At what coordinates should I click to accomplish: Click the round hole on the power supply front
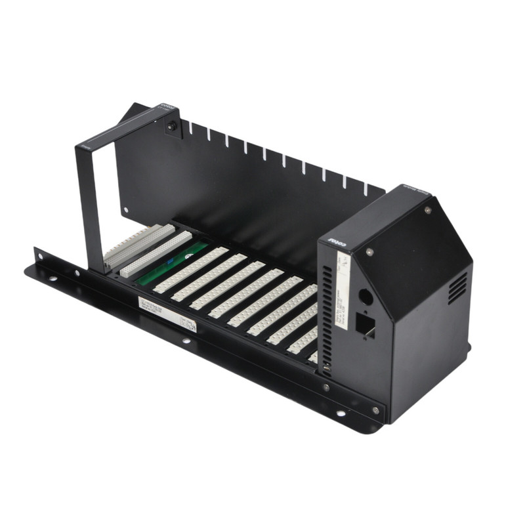tap(366, 297)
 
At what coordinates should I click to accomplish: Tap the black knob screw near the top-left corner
tap(172, 126)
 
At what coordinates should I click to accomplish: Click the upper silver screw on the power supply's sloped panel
tap(428, 210)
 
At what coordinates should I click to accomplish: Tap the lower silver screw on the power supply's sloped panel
tap(369, 251)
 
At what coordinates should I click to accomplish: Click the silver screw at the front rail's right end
tap(375, 409)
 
